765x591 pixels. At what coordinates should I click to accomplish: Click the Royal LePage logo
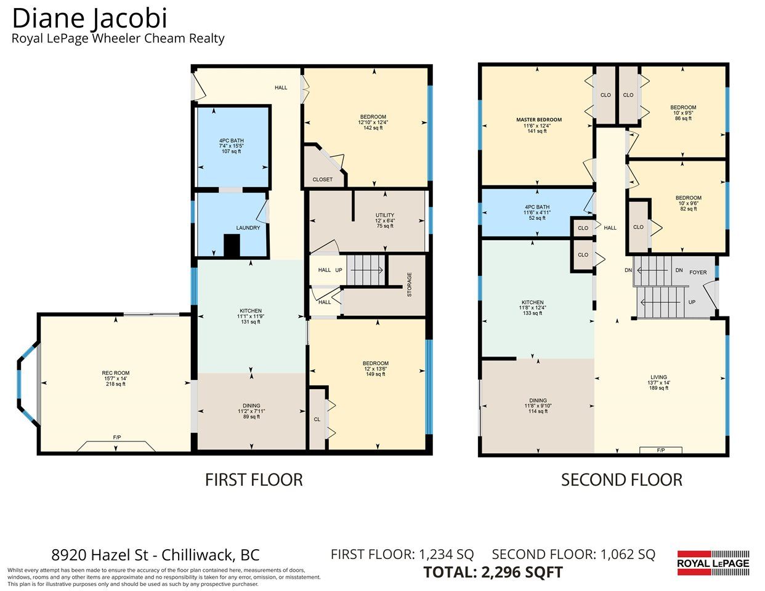point(713,563)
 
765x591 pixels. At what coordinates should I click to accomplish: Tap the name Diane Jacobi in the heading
point(90,18)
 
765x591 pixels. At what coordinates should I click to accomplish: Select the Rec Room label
point(116,373)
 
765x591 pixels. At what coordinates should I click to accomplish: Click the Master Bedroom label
point(539,119)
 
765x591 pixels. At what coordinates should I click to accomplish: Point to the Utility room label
point(385,215)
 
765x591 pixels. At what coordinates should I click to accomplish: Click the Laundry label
point(248,228)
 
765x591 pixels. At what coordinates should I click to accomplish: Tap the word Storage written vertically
point(410,284)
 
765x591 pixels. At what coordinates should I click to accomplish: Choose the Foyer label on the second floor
point(698,272)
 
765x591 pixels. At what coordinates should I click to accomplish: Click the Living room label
point(658,377)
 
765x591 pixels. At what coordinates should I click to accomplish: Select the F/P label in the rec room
point(117,437)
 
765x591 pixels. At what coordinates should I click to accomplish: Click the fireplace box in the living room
point(661,450)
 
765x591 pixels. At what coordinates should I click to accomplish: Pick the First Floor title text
point(254,480)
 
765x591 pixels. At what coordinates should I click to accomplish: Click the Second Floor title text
point(621,480)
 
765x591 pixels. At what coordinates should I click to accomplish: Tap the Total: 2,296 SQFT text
point(493,573)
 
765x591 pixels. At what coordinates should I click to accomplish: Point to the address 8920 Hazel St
point(100,555)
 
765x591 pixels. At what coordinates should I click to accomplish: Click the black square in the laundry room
point(232,245)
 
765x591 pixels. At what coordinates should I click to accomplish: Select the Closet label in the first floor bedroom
point(323,179)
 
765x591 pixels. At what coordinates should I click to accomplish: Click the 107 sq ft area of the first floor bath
point(232,151)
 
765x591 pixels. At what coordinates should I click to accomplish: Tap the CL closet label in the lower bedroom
point(317,419)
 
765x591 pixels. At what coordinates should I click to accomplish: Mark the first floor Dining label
point(251,406)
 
